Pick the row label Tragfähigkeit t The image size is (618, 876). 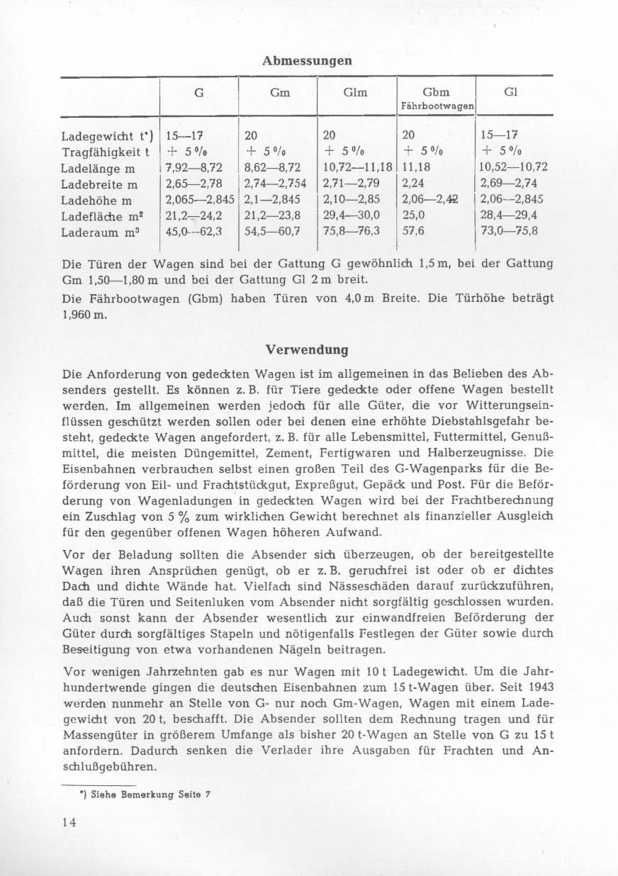pos(102,152)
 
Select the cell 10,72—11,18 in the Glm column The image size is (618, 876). pos(359,167)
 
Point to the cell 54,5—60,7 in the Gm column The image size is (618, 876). pos(272,231)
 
